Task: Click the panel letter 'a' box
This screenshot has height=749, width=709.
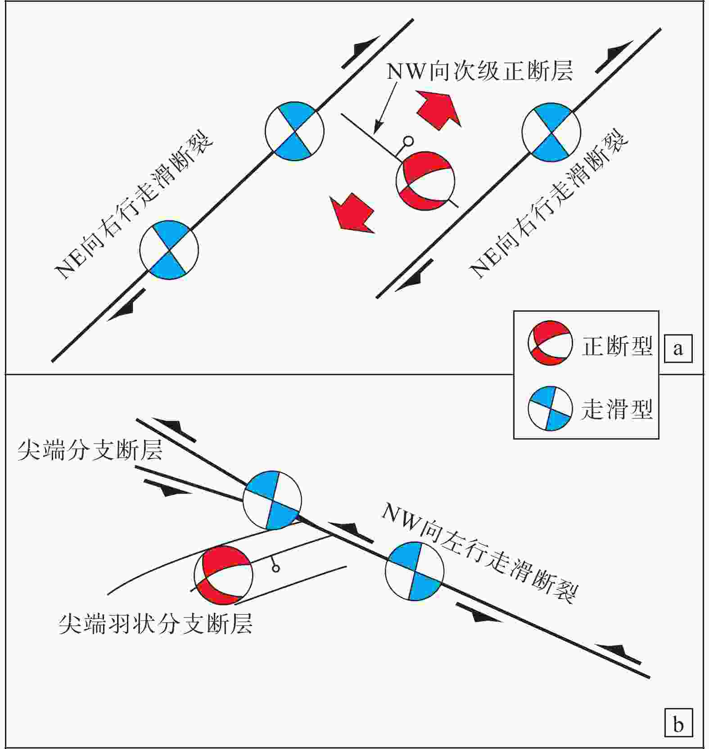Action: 678,349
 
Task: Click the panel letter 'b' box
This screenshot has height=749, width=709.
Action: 678,724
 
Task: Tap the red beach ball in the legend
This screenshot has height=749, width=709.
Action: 550,343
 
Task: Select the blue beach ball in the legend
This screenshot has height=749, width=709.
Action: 550,408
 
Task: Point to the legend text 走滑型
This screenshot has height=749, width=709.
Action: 617,409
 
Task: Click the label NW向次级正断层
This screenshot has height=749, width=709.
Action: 479,72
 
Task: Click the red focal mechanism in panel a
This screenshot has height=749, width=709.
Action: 425,181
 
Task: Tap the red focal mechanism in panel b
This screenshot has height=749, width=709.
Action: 223,575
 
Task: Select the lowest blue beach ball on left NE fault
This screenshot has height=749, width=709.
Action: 169,250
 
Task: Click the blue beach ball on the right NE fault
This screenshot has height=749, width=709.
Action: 551,132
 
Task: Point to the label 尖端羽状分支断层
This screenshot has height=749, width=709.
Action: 155,624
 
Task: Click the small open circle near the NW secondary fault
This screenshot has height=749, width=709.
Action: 408,141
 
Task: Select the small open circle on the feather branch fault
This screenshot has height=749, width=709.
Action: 276,569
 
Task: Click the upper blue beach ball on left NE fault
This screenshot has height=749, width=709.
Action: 294,131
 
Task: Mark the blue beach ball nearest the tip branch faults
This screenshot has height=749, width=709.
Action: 272,500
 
